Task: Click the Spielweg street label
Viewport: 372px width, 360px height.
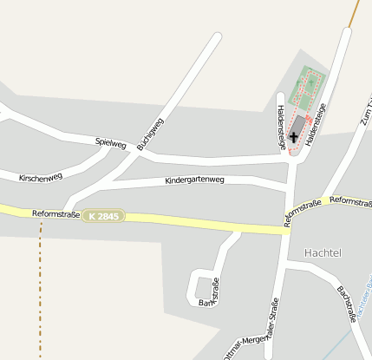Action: click(111, 142)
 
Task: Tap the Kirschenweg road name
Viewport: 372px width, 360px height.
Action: click(41, 177)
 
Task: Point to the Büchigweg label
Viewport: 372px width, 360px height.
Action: click(149, 134)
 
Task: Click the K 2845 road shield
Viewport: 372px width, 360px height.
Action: click(104, 215)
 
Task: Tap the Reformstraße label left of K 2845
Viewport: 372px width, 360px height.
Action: click(55, 213)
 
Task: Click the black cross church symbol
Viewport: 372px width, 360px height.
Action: click(294, 136)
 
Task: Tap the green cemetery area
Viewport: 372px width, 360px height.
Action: click(310, 83)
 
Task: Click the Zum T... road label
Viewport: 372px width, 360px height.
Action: click(364, 104)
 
